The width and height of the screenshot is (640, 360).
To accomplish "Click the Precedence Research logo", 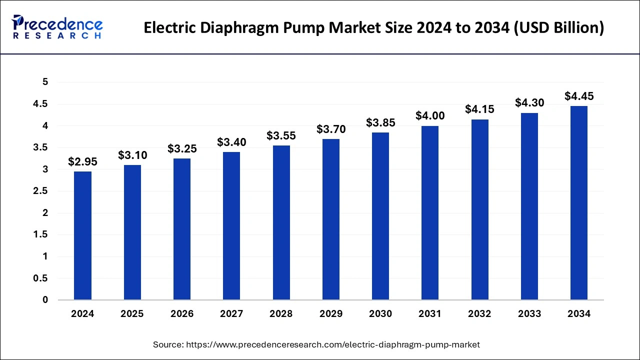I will pos(57,27).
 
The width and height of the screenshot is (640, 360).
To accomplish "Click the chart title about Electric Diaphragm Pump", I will pos(373,28).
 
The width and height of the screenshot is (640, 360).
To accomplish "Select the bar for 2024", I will pos(82,235).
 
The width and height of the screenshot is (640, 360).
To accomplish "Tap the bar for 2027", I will pos(231,226).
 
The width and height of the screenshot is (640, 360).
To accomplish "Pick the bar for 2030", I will pos(380,216).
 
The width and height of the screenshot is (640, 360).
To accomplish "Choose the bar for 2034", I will pos(579,203).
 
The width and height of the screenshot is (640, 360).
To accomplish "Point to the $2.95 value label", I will pos(82,161).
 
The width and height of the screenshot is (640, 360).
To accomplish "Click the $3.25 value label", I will pos(182,148).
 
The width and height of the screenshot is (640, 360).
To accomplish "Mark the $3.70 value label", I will pos(331,129).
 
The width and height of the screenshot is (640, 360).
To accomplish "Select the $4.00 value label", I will pos(430,115).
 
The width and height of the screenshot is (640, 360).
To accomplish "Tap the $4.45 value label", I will pos(579,95).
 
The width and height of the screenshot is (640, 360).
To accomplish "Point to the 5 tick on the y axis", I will pos(45,82).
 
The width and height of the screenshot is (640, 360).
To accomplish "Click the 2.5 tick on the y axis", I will pos(41,191).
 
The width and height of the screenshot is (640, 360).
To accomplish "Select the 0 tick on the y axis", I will pos(45,300).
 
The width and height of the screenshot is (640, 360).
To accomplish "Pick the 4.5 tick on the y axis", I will pos(41,104).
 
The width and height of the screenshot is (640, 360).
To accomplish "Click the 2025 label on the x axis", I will pos(132,314).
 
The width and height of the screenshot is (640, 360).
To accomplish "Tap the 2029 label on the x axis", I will pos(331,314).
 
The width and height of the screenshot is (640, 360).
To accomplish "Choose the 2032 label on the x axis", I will pos(479,314).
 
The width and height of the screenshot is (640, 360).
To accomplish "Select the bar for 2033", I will pos(529,206).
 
